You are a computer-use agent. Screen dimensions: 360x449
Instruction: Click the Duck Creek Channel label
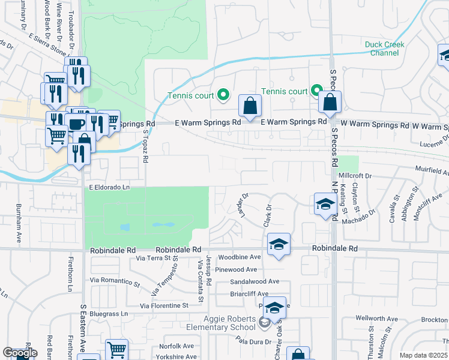(x=385, y=49)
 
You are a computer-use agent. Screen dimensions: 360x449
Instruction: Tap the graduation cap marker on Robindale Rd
(x=279, y=245)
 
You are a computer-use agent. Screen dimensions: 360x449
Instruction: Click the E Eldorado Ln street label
(x=110, y=187)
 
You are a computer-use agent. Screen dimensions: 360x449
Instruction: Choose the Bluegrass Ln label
(x=109, y=314)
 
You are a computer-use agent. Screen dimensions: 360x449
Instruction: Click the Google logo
(x=20, y=353)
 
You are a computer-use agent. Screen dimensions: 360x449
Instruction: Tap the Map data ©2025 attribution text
(x=423, y=355)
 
